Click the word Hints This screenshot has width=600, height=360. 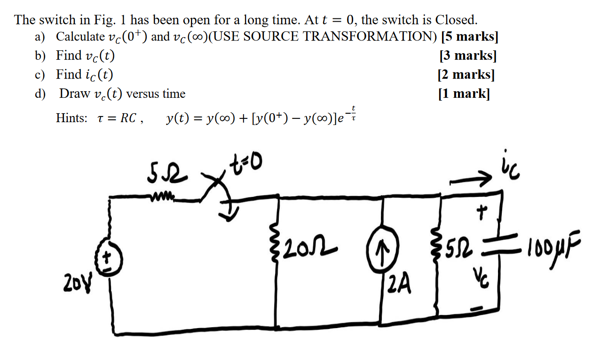pyautogui.click(x=71, y=118)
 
